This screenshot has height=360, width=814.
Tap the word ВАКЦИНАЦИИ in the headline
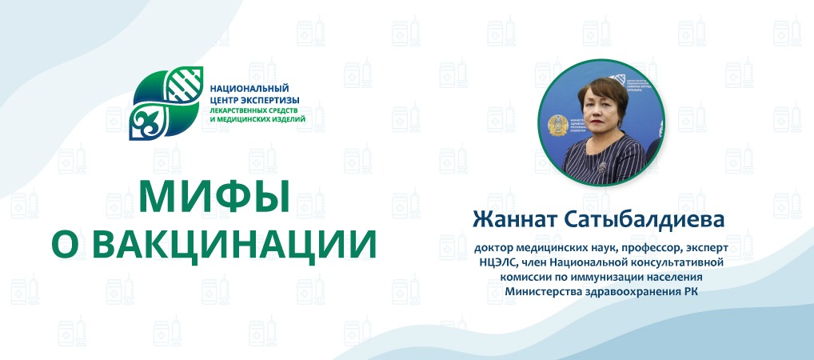coord(233,242)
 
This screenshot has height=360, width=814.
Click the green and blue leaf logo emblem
coord(166,103)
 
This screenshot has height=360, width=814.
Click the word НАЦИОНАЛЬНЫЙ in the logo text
coord(249,89)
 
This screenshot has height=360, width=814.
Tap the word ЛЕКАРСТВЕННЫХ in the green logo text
coord(233,110)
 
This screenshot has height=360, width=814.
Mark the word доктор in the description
coord(493,250)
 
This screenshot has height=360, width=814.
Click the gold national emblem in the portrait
coord(557,126)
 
